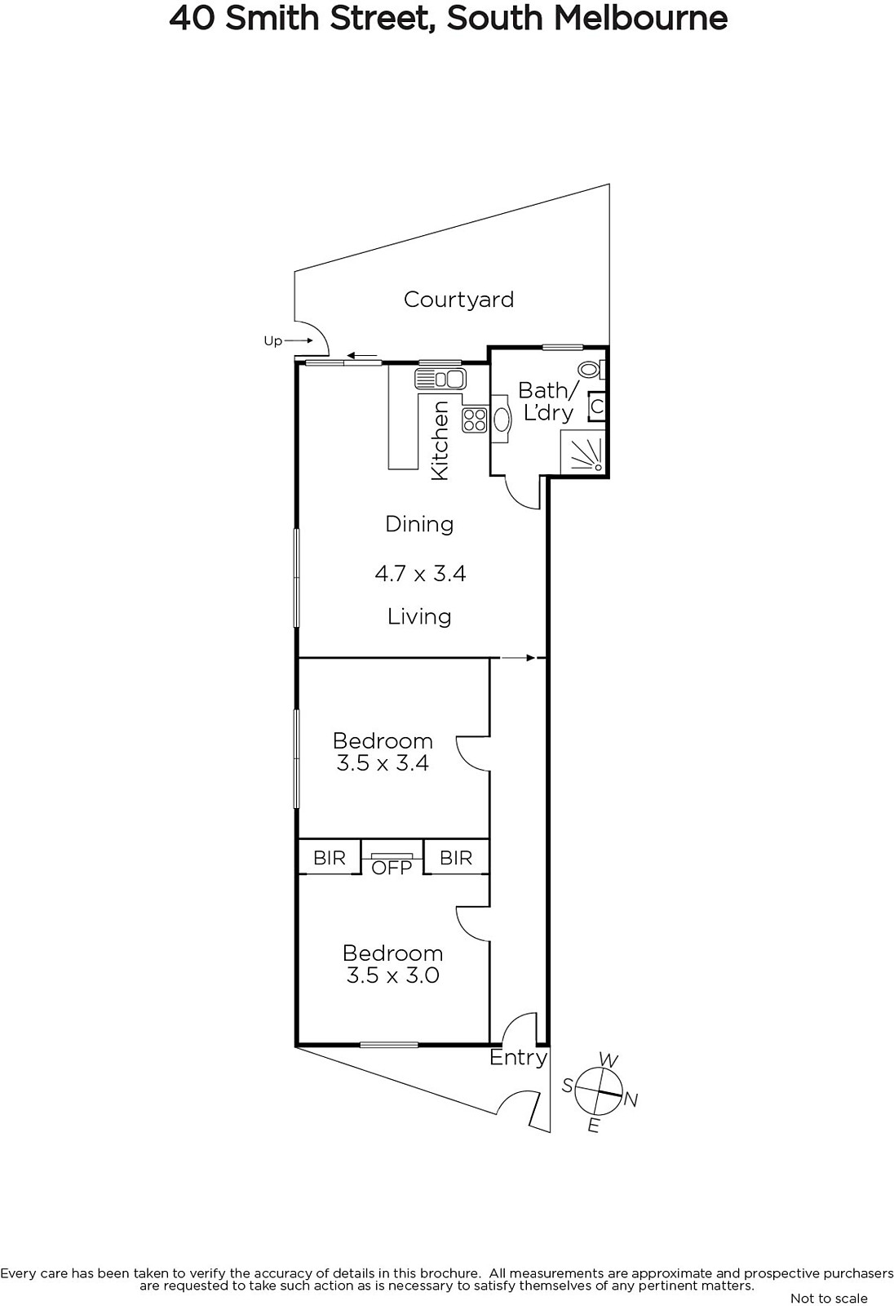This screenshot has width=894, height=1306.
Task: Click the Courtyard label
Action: click(458, 300)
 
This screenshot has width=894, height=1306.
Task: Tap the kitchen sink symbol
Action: click(440, 379)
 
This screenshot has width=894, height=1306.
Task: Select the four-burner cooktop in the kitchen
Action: click(475, 420)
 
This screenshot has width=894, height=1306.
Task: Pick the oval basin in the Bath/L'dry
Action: click(502, 419)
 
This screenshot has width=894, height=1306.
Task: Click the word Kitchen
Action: click(440, 441)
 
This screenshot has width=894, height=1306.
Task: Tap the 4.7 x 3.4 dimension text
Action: click(420, 574)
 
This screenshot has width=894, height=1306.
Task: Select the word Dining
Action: click(419, 524)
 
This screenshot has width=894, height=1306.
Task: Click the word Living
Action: click(419, 617)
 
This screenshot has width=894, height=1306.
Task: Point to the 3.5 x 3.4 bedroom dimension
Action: click(383, 763)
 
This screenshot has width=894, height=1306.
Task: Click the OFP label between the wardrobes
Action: click(392, 868)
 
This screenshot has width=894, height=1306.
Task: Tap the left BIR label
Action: click(330, 858)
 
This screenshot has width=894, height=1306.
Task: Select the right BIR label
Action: click(456, 858)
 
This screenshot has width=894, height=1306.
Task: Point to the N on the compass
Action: click(631, 1099)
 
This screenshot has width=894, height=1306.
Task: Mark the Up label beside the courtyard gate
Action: click(272, 341)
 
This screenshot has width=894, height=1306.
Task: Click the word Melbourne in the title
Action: click(640, 18)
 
